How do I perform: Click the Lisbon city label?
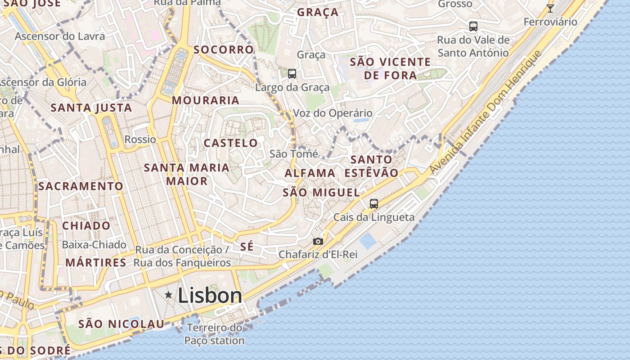[x=210, y=296]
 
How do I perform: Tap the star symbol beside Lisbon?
[x=169, y=295]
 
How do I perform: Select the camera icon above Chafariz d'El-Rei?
[x=318, y=242]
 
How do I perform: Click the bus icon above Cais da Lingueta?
[x=373, y=204]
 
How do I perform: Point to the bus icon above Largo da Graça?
[x=292, y=73]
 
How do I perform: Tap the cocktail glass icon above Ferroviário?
[x=550, y=8]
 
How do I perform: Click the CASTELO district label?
[x=231, y=143]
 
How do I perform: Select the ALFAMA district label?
[x=310, y=173]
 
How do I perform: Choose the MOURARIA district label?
[x=206, y=100]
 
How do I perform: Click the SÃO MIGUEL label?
[x=321, y=193]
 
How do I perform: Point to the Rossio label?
[x=140, y=139]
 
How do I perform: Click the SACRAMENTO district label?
[x=81, y=186]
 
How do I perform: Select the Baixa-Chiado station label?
[x=94, y=244]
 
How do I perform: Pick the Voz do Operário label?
[x=333, y=113]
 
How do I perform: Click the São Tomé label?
[x=294, y=153]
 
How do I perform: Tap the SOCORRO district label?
[x=224, y=49]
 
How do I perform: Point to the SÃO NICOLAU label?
[x=121, y=324]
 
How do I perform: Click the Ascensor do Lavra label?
[x=60, y=36]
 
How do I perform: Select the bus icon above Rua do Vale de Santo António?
[x=473, y=26]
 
